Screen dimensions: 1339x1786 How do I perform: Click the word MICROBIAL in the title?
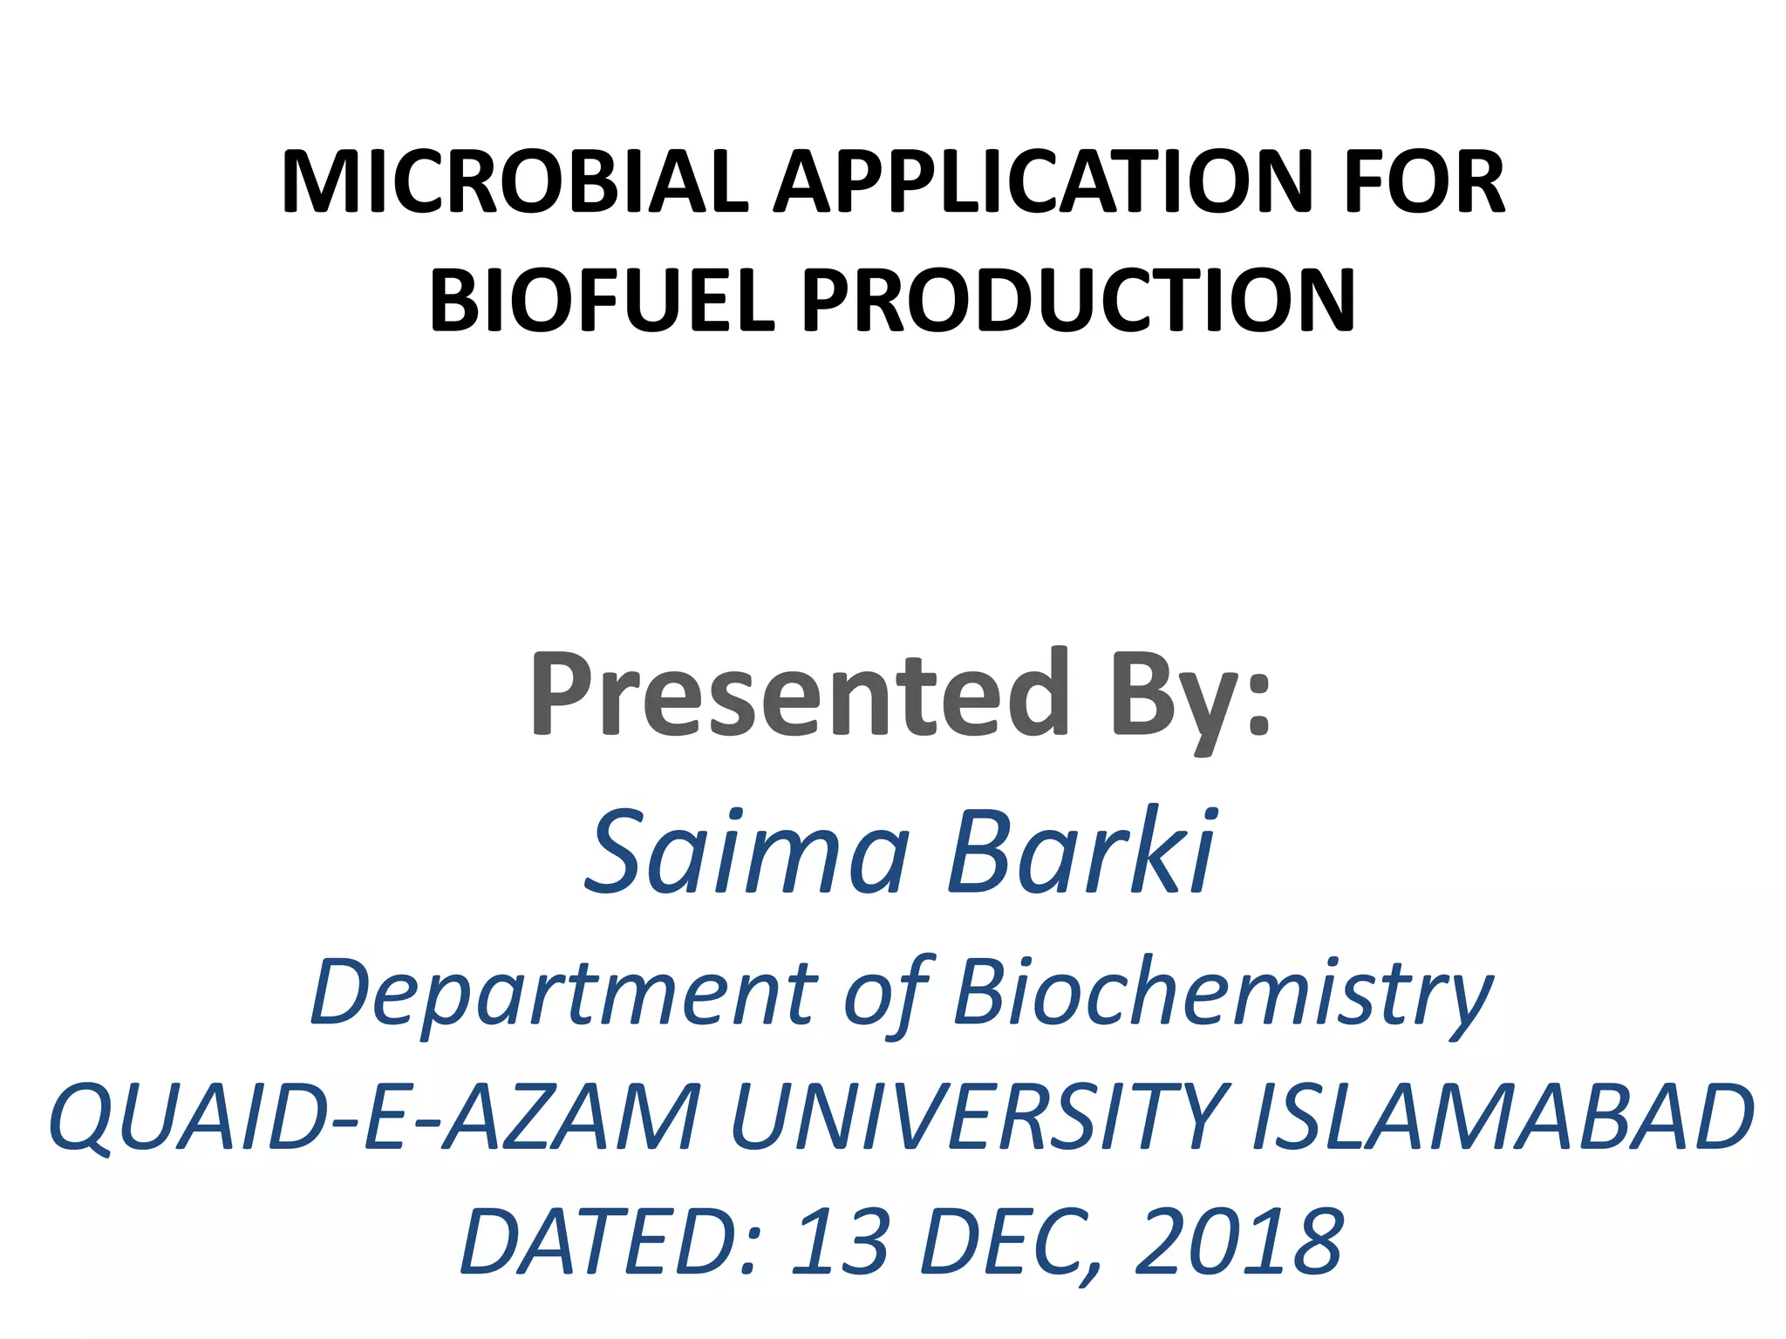point(515,182)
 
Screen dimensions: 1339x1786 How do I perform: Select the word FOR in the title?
point(1424,182)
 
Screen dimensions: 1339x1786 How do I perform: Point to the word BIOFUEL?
point(602,301)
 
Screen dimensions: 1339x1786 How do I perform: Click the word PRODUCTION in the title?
point(1079,301)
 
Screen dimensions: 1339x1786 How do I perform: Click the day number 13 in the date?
point(840,1241)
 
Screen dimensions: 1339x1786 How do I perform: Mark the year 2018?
point(1238,1241)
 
